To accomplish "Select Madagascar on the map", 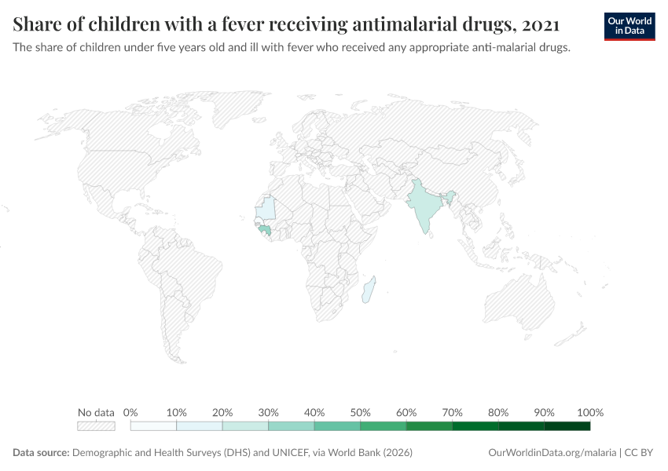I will (369, 289).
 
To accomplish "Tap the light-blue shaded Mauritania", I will (268, 208).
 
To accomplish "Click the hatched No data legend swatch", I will (96, 426).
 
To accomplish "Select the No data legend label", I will (96, 412).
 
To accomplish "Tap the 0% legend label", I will (130, 412).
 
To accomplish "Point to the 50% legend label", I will (360, 412).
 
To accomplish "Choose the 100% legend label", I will (589, 412).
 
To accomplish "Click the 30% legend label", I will (268, 412).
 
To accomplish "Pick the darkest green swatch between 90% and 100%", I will (567, 426).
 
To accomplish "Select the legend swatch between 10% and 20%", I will (200, 426).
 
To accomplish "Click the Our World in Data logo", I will (629, 26).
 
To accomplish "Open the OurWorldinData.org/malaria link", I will (552, 453).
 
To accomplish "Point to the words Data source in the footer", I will (41, 453).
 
